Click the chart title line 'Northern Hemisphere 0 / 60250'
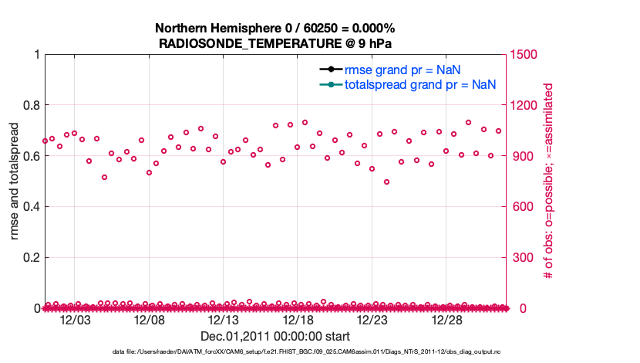(x=275, y=28)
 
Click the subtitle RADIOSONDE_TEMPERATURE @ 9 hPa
(x=275, y=42)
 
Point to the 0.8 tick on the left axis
(x=32, y=105)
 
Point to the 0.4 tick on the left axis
(x=32, y=206)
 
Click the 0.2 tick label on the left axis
(x=32, y=257)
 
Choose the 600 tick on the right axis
(x=520, y=206)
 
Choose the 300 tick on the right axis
(x=520, y=257)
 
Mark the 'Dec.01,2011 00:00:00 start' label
(x=275, y=336)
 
